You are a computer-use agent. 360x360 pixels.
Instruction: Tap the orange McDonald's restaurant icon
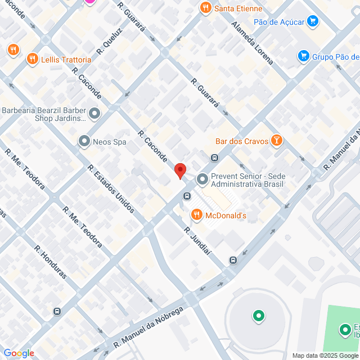[196, 214]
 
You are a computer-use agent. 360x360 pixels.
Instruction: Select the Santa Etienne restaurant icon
[205, 8]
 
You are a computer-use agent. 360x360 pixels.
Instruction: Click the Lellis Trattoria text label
[66, 59]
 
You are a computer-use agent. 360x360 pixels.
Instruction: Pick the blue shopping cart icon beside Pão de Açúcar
[313, 22]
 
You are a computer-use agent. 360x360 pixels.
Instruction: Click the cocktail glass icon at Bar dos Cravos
[276, 141]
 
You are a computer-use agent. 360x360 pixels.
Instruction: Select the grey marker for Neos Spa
[84, 141]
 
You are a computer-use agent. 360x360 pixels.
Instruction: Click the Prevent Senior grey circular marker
[202, 180]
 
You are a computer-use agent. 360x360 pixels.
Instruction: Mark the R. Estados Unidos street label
[111, 188]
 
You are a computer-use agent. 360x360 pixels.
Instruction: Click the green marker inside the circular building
[259, 316]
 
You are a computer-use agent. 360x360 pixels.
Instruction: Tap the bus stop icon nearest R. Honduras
[57, 311]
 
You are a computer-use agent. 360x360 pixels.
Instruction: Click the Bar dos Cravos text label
[241, 141]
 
